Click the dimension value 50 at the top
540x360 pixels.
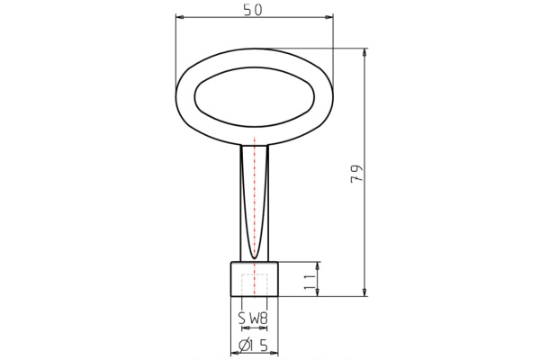(253, 9)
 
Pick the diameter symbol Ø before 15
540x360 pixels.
(243, 346)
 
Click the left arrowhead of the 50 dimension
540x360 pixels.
(179, 16)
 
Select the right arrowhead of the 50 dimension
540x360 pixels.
(329, 16)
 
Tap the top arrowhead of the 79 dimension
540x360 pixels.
(364, 52)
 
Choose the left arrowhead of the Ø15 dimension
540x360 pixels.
(235, 354)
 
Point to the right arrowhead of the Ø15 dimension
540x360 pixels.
(274, 354)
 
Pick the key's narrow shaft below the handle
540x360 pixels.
(247, 202)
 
